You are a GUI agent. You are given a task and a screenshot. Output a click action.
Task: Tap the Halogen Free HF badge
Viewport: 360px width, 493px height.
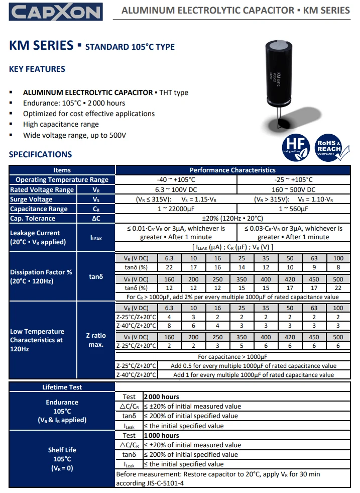pos(295,147)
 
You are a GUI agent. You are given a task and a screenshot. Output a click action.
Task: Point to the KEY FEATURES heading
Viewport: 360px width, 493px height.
pos(37,69)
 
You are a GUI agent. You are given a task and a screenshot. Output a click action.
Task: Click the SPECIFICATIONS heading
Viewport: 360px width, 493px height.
pos(40,154)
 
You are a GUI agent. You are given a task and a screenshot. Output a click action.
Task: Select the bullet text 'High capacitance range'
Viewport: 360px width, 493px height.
pos(61,124)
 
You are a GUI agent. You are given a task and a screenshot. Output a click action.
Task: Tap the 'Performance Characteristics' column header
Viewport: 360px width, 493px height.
pos(232,170)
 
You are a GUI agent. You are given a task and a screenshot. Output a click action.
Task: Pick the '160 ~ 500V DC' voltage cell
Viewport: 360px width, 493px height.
pos(293,189)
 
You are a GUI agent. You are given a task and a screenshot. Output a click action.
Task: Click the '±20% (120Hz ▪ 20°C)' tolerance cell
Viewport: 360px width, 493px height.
pos(232,218)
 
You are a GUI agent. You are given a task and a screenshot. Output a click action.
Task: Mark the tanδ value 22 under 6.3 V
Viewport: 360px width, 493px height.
pos(169,267)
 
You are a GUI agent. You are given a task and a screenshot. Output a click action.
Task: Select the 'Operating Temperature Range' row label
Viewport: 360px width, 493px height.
pos(62,180)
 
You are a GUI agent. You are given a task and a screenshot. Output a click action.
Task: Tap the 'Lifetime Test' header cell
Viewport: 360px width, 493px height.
pos(62,387)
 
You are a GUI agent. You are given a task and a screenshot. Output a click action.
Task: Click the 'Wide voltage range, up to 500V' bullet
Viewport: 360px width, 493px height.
pos(74,135)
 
